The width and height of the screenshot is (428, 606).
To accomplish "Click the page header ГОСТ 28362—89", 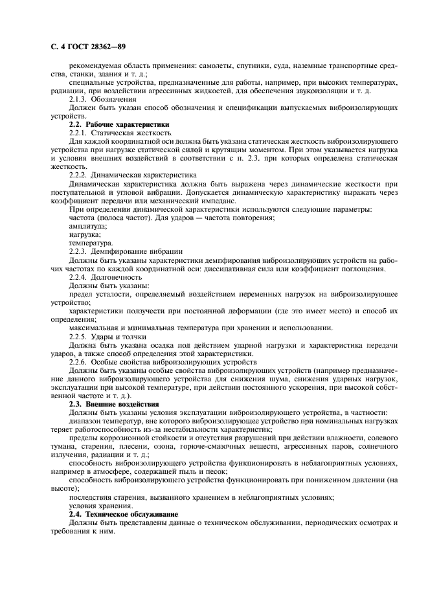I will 82,47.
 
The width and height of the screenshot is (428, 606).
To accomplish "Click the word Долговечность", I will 118,276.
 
